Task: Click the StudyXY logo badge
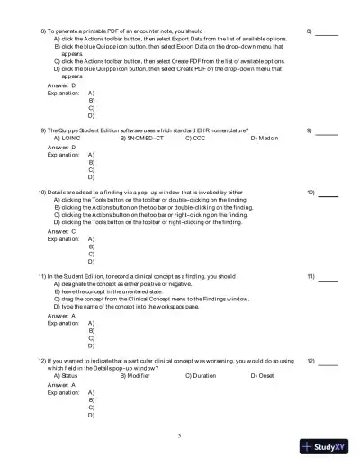[328, 444]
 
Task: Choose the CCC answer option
[197, 138]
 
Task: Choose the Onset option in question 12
[263, 375]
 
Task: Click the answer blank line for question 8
[327, 32]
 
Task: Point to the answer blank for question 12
[328, 363]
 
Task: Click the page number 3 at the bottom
[180, 435]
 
